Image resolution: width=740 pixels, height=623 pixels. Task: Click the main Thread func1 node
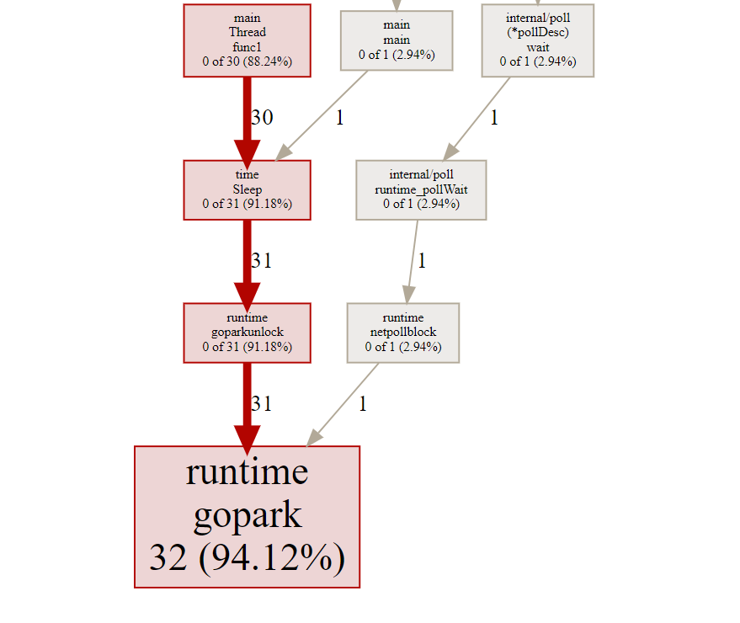(247, 40)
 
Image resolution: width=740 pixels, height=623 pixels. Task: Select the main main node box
(397, 40)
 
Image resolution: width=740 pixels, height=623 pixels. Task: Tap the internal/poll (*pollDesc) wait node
(538, 40)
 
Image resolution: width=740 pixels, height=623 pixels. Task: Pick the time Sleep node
(247, 189)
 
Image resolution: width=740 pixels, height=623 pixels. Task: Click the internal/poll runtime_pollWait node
(421, 189)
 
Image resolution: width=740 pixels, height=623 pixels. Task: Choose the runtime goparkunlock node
(247, 333)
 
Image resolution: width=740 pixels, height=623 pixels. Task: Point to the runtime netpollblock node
(403, 333)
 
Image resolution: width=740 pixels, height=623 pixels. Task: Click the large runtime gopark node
(247, 517)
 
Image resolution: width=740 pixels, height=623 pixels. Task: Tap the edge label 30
(262, 118)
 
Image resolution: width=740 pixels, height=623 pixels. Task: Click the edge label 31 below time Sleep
(262, 260)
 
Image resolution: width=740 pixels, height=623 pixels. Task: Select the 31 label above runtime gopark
(262, 403)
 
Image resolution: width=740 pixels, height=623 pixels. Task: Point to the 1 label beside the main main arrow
(340, 118)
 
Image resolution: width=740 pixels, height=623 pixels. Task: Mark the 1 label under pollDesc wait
(494, 118)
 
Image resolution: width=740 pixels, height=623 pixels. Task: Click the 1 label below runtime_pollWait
(422, 260)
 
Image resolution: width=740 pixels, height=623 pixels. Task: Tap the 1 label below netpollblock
(363, 403)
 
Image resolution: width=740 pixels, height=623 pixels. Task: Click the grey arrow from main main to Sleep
(321, 115)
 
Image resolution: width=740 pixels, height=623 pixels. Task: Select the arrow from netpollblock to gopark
(342, 404)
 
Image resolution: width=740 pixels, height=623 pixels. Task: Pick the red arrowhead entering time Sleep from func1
(247, 154)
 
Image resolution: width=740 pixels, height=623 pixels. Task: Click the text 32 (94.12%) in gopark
(247, 558)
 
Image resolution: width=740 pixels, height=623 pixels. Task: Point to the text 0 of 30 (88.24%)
(247, 61)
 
